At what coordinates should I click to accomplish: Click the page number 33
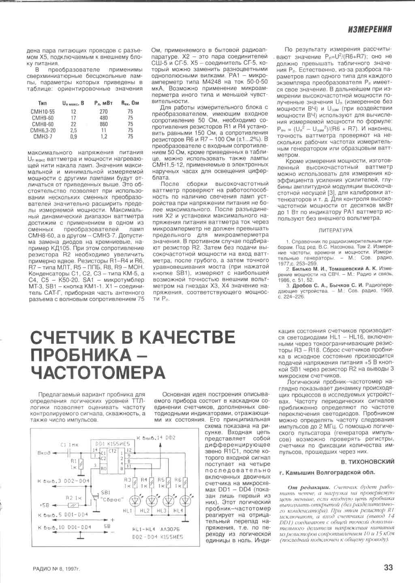click(388, 567)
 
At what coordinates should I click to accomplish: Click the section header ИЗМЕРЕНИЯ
click(370, 29)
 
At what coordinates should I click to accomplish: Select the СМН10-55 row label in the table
click(43, 112)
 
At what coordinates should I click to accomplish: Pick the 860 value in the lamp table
click(104, 124)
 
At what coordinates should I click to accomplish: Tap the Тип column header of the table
click(42, 103)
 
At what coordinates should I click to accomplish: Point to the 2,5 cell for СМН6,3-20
click(73, 130)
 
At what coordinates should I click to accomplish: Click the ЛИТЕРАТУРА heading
click(336, 230)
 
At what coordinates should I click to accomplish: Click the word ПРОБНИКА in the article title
click(81, 355)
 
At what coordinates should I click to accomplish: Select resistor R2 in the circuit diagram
click(74, 505)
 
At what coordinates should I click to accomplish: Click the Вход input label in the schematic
click(44, 453)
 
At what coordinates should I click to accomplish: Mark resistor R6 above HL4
click(185, 483)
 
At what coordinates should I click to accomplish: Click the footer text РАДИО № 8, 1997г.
click(56, 568)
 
